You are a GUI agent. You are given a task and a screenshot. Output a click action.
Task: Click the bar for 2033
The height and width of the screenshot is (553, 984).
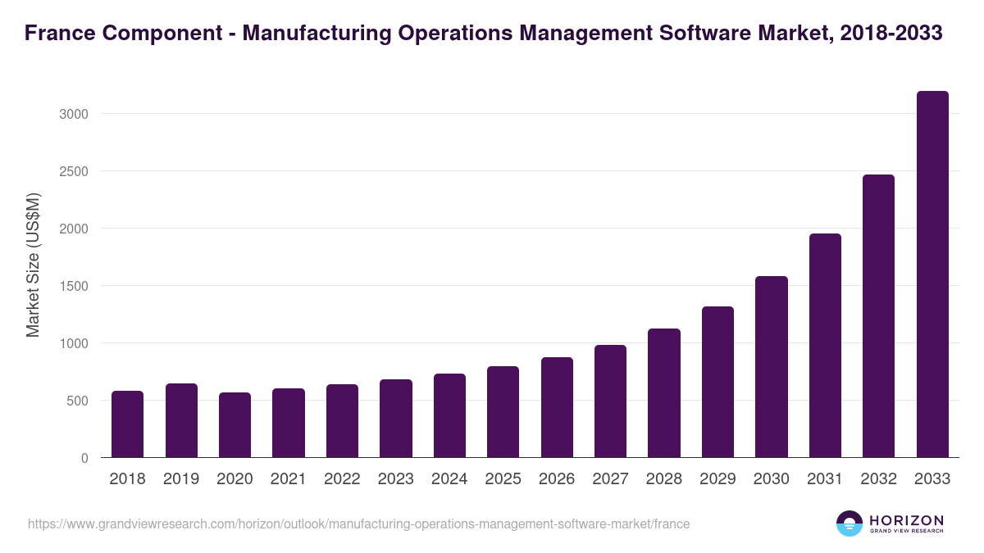pos(932,274)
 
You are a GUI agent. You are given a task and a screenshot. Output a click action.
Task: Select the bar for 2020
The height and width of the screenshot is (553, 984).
pos(235,425)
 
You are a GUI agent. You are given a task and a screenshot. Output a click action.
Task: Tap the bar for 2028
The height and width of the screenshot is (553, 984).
pos(664,393)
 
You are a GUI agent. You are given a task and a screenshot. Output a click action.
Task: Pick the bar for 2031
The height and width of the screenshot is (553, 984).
pos(825,346)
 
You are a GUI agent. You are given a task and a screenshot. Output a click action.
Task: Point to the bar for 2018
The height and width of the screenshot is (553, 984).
pos(128,424)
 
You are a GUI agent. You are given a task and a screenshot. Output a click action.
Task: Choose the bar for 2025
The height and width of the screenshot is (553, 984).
pos(503,412)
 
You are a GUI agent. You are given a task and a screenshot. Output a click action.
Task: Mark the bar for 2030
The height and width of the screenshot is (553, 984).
pos(772,367)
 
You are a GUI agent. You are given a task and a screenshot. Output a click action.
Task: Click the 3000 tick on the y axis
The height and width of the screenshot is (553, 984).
pos(74,114)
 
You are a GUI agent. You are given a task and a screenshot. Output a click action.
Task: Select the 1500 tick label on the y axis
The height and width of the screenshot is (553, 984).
pos(74,286)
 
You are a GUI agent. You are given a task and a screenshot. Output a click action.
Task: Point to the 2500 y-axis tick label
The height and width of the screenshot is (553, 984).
pos(74,171)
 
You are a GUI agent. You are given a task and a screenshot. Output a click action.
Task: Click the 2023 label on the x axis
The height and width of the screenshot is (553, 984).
pos(395,479)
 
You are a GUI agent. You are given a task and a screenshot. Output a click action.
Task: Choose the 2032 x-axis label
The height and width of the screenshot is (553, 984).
pos(878,479)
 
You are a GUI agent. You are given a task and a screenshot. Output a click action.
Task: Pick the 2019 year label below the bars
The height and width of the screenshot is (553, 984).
pos(181,479)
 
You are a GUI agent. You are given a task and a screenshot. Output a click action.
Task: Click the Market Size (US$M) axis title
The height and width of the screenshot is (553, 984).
pos(33,265)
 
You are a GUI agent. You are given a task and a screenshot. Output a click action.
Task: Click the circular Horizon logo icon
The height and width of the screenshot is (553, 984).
pos(850,524)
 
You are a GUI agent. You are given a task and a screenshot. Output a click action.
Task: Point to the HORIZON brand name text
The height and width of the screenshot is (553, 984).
pos(906,519)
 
